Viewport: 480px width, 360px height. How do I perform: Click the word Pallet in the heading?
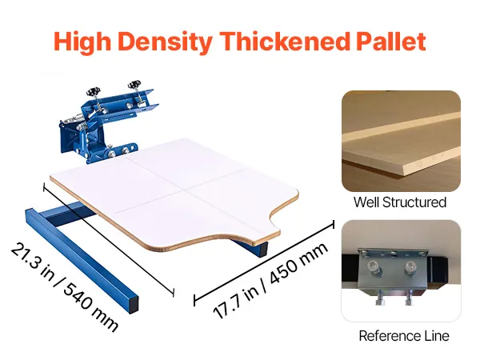point(391,41)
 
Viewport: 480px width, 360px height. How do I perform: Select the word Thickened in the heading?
point(285,41)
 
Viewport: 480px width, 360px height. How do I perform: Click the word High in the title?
point(82,42)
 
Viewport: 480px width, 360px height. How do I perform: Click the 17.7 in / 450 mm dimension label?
point(270,280)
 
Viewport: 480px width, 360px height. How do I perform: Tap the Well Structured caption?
point(400,202)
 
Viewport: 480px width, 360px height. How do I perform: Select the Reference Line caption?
point(404,336)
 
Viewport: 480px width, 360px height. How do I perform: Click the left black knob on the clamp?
point(92,91)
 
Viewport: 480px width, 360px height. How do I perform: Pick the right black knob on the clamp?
point(134,83)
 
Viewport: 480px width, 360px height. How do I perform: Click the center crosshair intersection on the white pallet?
point(184,190)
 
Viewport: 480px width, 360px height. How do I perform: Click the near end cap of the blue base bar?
point(134,304)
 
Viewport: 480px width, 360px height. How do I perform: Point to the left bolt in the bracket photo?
point(374,266)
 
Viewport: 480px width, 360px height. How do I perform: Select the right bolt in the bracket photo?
point(410,266)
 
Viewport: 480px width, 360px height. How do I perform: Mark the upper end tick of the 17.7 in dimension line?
point(334,224)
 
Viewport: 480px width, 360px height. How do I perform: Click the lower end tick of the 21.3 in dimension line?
point(174,293)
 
